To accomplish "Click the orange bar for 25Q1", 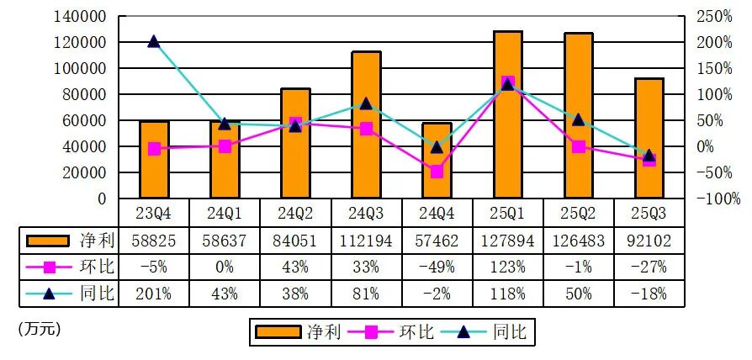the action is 508,114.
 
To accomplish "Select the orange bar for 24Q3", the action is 367,124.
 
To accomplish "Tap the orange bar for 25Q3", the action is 649,138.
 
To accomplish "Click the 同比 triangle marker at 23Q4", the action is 153,42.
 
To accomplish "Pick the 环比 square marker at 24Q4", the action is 437,172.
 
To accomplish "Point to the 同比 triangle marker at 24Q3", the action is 367,103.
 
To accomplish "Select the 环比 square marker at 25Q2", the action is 579,146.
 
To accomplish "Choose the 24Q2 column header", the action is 295,214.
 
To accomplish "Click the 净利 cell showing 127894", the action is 508,241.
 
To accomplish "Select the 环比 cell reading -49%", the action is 437,267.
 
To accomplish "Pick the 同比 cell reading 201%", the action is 153,294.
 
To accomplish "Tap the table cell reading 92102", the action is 649,241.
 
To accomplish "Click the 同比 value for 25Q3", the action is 649,294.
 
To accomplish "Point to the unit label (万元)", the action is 40,330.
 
